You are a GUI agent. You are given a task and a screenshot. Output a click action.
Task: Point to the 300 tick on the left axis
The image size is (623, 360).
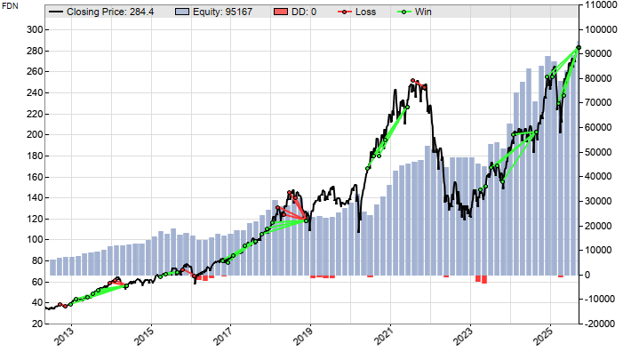(33, 29)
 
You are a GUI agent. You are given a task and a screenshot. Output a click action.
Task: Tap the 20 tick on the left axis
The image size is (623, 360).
(36, 324)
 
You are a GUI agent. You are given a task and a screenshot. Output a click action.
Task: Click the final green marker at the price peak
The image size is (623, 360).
(579, 47)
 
